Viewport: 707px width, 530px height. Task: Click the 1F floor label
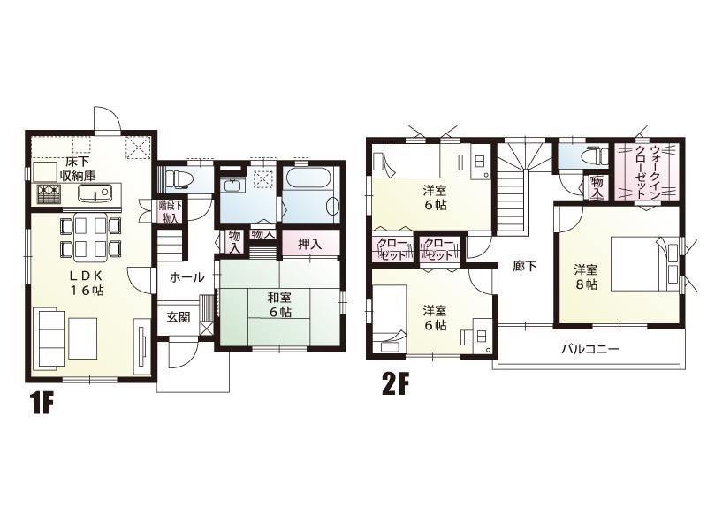42,404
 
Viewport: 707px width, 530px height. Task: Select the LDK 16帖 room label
87,282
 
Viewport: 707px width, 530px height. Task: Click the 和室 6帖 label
282,305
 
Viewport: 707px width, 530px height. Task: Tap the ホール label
187,277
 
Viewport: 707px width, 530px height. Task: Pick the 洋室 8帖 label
585,276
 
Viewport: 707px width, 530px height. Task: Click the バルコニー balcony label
589,349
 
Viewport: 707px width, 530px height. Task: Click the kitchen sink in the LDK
91,193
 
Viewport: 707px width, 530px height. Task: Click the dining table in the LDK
89,236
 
